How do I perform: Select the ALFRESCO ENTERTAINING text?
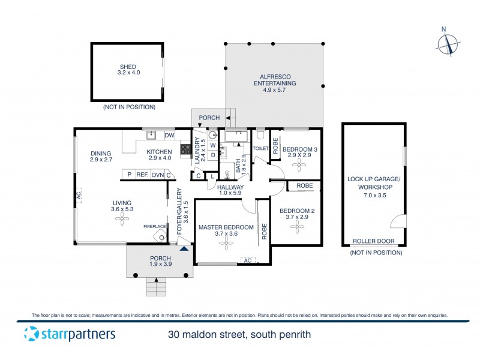click(x=274, y=80)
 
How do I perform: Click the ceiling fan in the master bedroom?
click(x=226, y=242)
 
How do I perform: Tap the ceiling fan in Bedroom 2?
click(x=296, y=226)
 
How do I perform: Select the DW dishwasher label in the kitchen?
click(x=169, y=135)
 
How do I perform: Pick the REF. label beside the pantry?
click(x=142, y=175)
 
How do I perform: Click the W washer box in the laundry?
click(x=212, y=145)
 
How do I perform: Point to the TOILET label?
click(x=260, y=148)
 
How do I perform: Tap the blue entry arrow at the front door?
click(x=184, y=248)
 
